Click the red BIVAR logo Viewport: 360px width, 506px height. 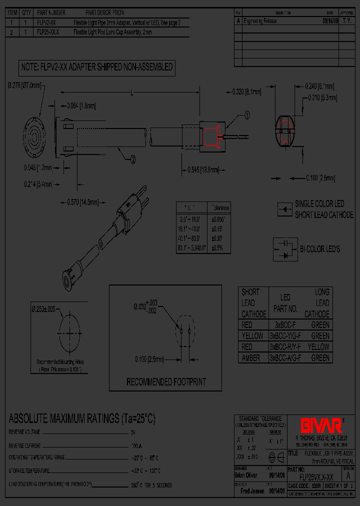click(320, 425)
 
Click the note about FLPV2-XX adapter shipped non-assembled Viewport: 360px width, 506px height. click(96, 67)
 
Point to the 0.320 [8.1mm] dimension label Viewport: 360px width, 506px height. click(247, 91)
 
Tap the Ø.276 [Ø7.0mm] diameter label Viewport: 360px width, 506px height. click(24, 85)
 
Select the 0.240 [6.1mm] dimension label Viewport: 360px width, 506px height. click(319, 86)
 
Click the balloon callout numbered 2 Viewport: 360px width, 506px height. click(132, 159)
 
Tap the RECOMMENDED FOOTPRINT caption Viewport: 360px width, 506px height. click(166, 382)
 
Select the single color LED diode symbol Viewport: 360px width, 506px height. click(284, 209)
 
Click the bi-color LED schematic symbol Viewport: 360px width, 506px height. click(284, 249)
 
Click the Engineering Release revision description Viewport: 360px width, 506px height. click(260, 21)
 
